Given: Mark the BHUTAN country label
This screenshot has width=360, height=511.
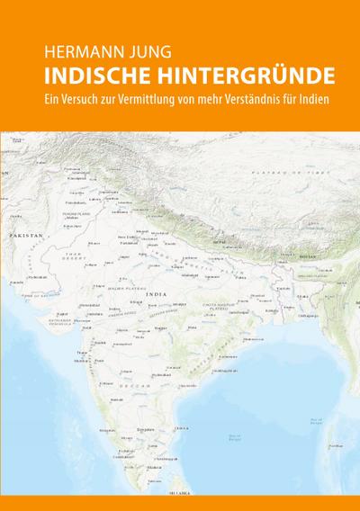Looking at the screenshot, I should pyautogui.click(x=308, y=256).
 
